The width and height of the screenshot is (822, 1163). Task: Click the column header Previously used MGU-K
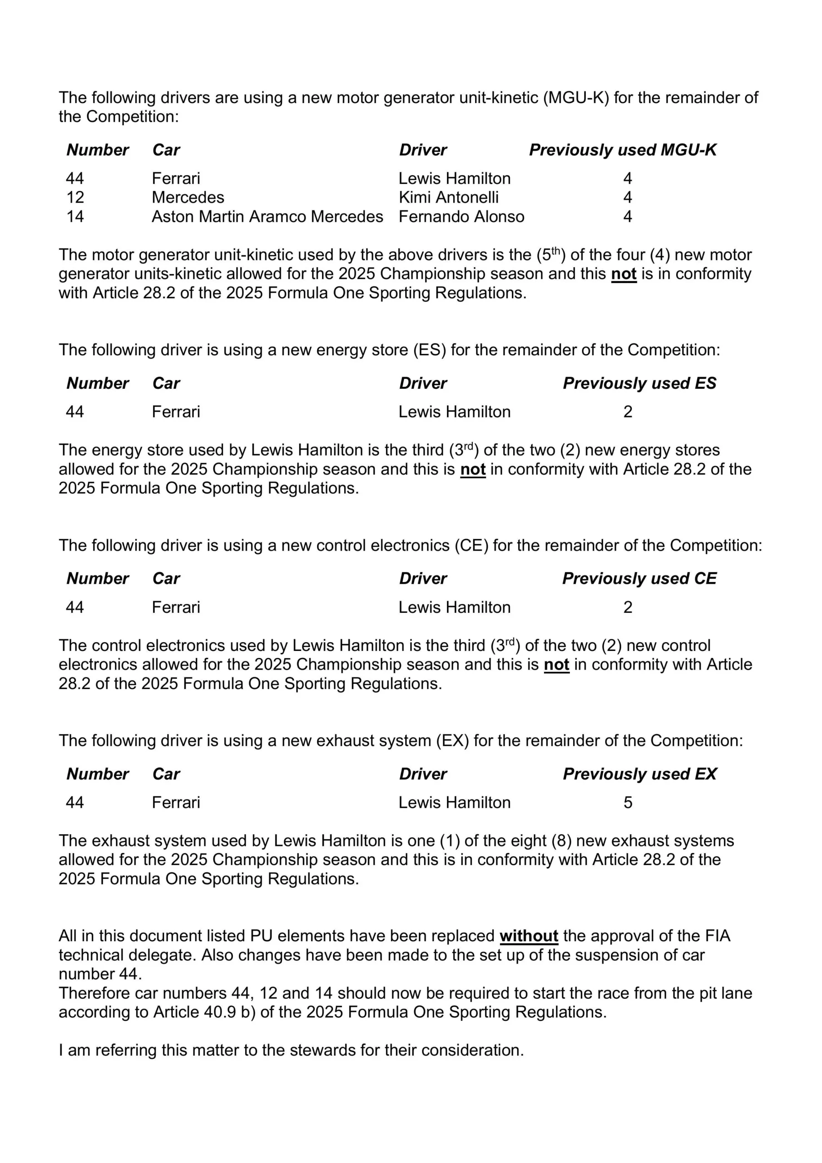coord(623,150)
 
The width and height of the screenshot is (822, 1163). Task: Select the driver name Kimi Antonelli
coord(448,197)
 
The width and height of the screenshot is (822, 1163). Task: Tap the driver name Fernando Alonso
coord(461,216)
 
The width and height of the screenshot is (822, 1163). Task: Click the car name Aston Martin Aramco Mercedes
coord(267,216)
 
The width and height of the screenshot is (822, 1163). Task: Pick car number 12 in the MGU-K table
coord(75,197)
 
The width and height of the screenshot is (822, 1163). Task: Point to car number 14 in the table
coord(75,216)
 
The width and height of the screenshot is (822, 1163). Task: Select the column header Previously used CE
coord(639,578)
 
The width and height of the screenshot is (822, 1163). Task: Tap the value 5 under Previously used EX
coord(628,802)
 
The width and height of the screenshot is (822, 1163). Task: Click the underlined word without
coord(529,936)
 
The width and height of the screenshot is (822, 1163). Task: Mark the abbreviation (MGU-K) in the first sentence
coord(576,97)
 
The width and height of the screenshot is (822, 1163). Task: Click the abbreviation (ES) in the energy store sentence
coord(430,350)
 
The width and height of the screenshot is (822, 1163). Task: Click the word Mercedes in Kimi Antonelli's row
coord(188,197)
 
